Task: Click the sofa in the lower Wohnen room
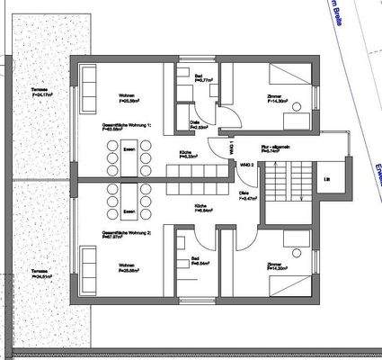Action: [90, 267]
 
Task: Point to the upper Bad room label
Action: [205, 78]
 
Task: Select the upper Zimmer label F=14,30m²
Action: [277, 100]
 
